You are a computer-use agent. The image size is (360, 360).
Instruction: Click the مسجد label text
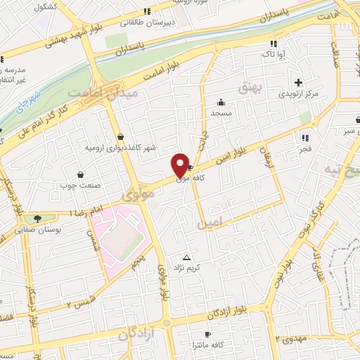point(221,112)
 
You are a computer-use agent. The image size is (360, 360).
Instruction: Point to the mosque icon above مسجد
point(221,101)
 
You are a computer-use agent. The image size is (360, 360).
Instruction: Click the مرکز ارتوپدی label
point(300,94)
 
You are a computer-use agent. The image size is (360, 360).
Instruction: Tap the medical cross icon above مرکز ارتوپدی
point(300,82)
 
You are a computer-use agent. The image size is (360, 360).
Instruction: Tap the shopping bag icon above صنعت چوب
point(80,174)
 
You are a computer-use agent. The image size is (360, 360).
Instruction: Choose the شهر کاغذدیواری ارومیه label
point(122,148)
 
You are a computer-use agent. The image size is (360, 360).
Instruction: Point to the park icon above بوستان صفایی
point(37,219)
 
